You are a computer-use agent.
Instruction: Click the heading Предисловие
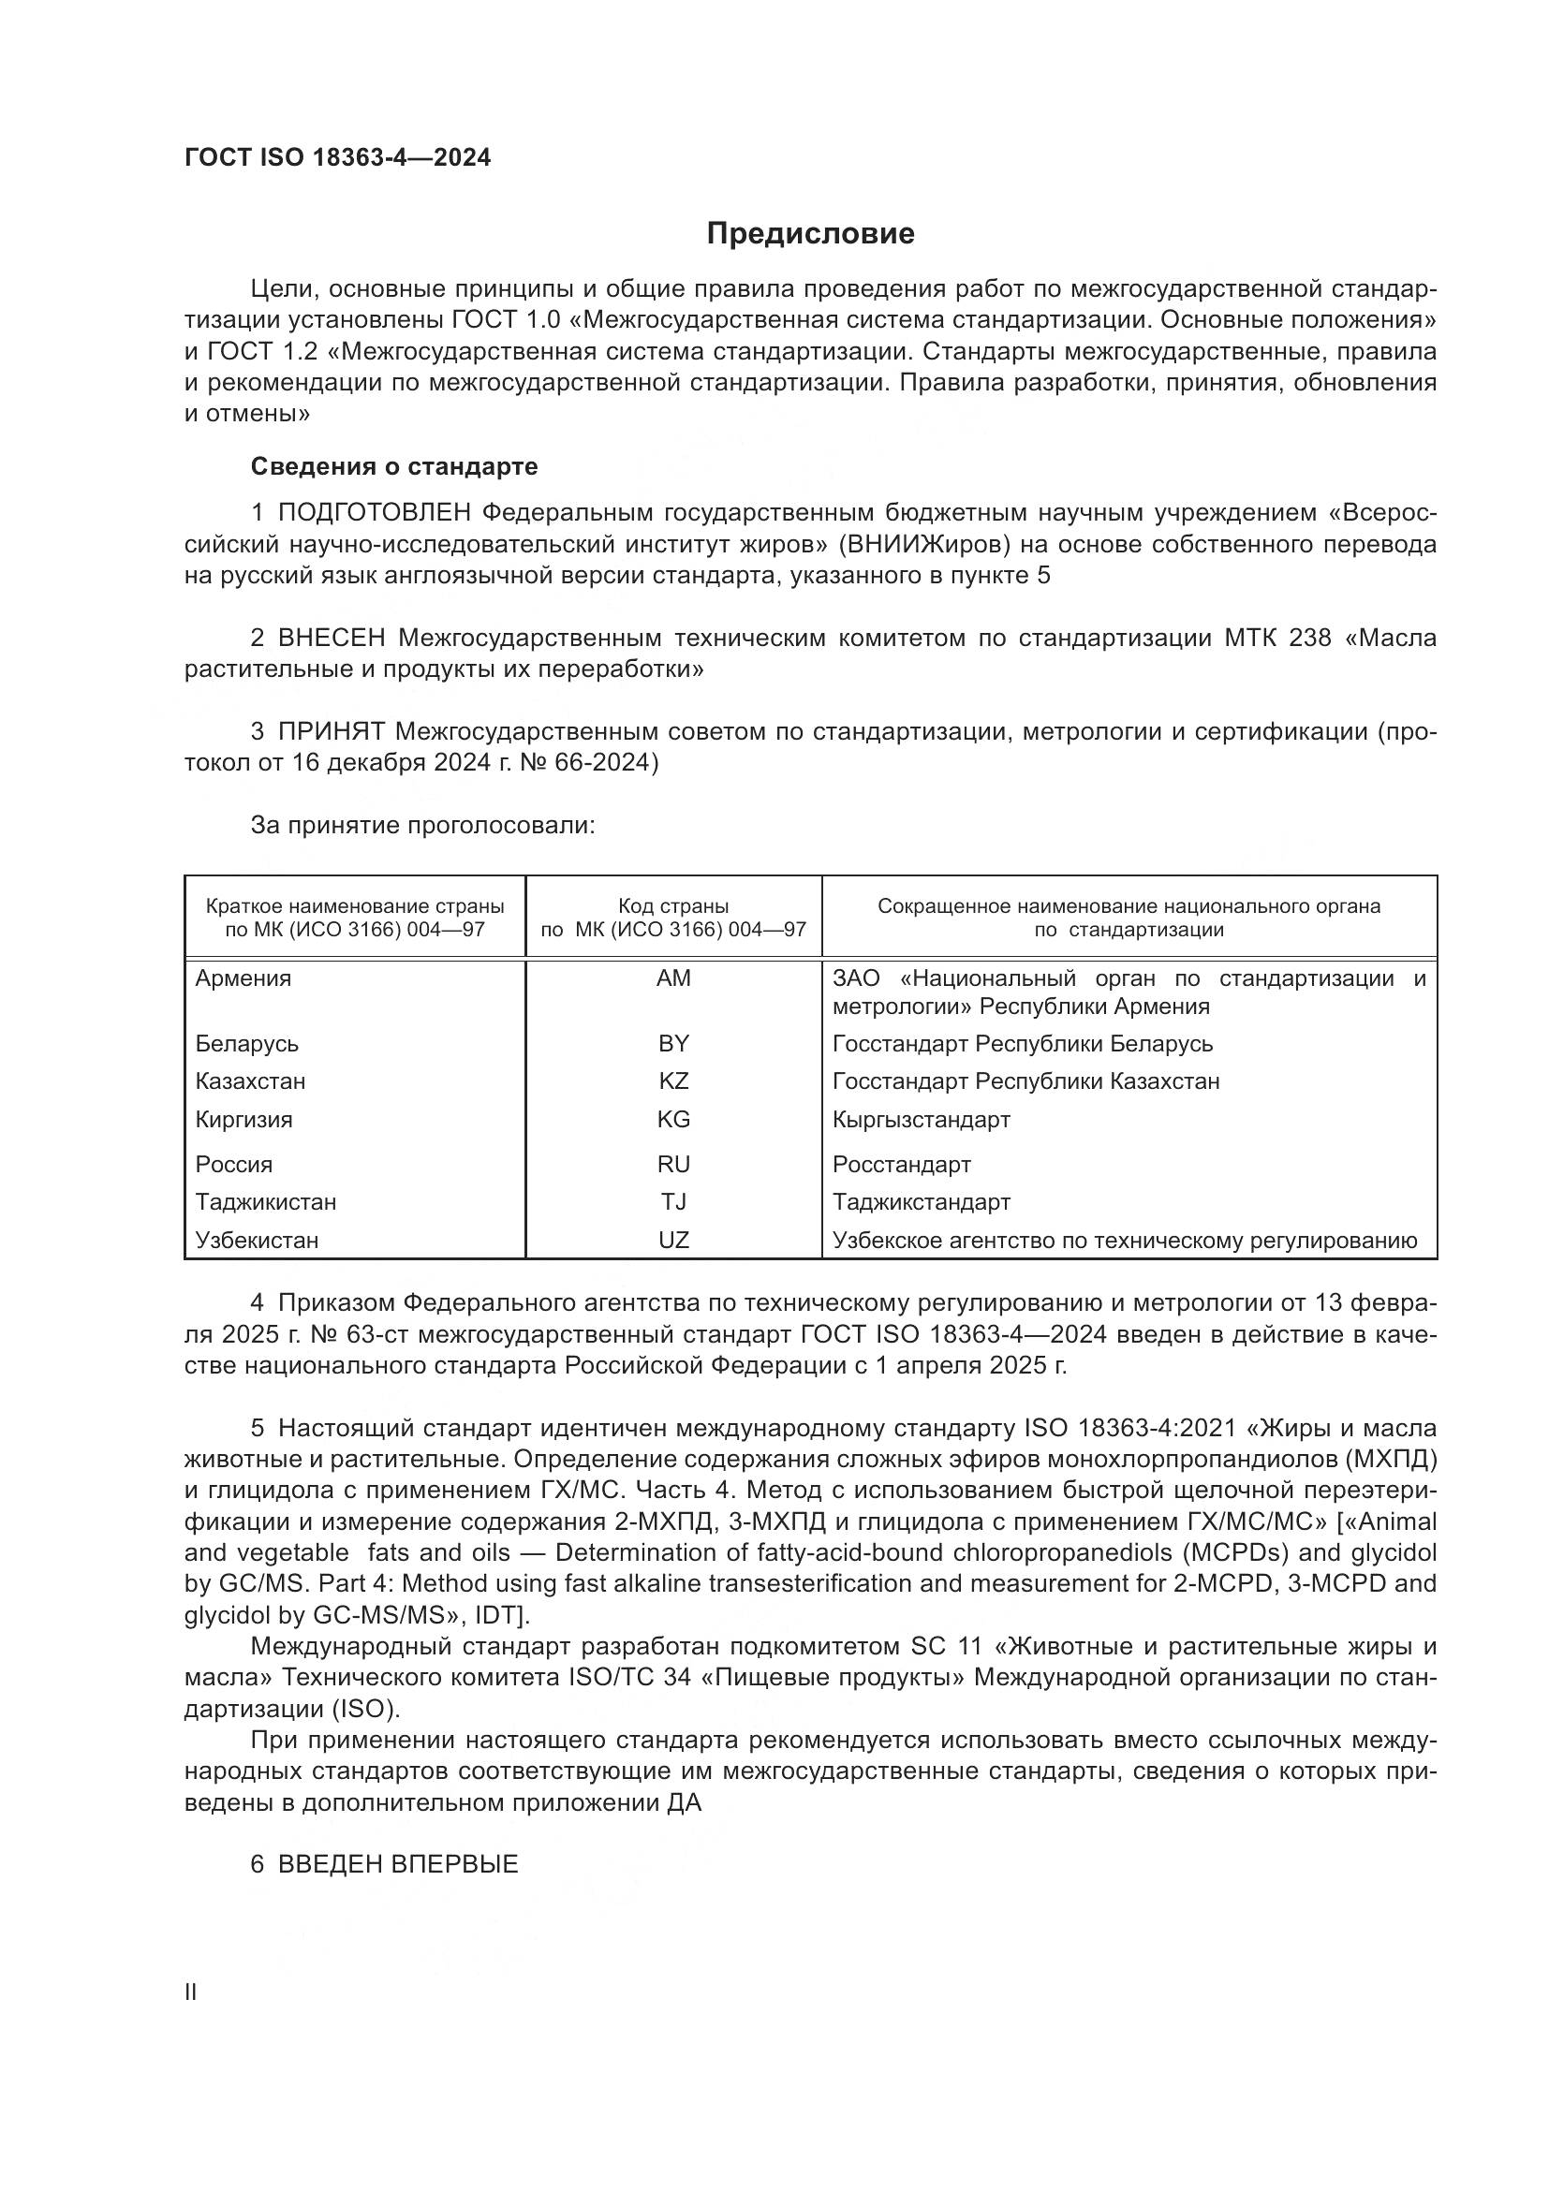pyautogui.click(x=810, y=234)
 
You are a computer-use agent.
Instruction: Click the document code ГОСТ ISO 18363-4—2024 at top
pyautogui.click(x=338, y=158)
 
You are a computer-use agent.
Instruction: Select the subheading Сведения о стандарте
pyautogui.click(x=394, y=466)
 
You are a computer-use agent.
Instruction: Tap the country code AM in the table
pyautogui.click(x=673, y=977)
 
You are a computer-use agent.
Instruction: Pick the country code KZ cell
pyautogui.click(x=673, y=1080)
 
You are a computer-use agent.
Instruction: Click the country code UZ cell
pyautogui.click(x=673, y=1240)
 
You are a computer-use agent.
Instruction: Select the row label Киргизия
pyautogui.click(x=244, y=1119)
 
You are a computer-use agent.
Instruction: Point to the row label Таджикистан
pyautogui.click(x=266, y=1202)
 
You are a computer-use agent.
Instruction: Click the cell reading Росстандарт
pyautogui.click(x=901, y=1165)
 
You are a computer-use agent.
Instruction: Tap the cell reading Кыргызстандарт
pyautogui.click(x=921, y=1119)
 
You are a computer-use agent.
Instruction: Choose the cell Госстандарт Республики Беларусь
pyautogui.click(x=1023, y=1043)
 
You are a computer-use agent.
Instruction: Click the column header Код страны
pyautogui.click(x=673, y=906)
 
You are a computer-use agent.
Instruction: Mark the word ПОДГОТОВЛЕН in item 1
pyautogui.click(x=375, y=513)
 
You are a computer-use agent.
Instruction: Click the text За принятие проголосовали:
pyautogui.click(x=422, y=825)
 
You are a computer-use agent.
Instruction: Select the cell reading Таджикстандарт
pyautogui.click(x=922, y=1202)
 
